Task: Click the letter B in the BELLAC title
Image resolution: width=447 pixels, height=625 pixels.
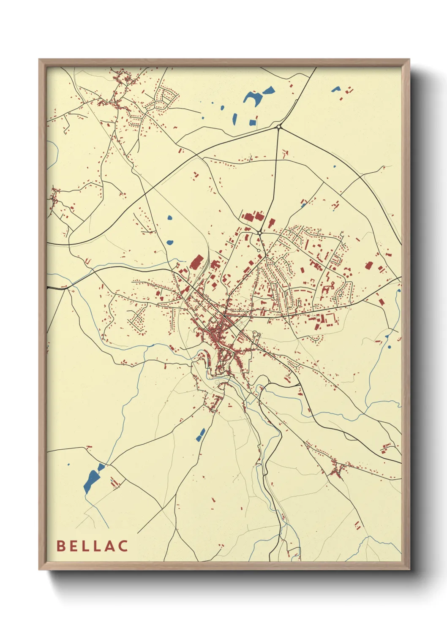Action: tap(61, 546)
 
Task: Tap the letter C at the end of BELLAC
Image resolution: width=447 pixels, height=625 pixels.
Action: tap(123, 546)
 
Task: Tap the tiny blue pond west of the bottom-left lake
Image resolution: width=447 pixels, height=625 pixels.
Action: tap(68, 465)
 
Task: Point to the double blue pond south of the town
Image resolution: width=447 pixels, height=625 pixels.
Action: tap(200, 435)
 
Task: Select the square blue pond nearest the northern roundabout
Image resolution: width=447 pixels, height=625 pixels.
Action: tap(253, 123)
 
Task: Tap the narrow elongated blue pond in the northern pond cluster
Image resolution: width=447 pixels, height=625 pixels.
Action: tap(234, 119)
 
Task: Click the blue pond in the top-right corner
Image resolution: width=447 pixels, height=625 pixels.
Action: tap(336, 89)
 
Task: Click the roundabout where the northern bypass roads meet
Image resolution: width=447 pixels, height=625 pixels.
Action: tap(278, 127)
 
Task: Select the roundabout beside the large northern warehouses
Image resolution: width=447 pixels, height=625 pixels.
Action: tap(259, 233)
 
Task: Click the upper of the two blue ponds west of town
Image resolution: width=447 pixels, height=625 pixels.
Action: tap(170, 218)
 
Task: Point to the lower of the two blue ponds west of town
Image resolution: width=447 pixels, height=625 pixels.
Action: tap(170, 243)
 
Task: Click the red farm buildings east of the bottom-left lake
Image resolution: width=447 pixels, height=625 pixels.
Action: tap(115, 482)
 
